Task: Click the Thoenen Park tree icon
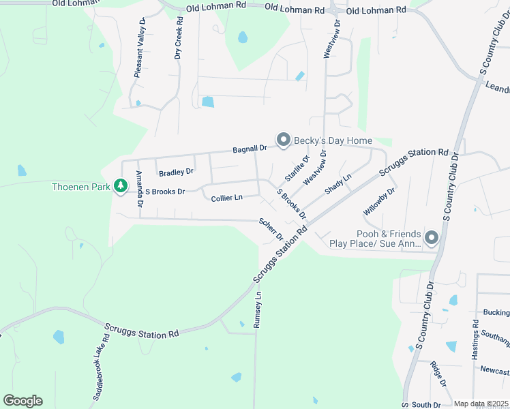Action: [x=121, y=185]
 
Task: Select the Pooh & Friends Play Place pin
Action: [x=431, y=237]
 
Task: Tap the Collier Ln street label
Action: [x=226, y=198]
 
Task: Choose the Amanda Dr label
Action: [x=140, y=189]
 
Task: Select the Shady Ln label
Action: [x=338, y=184]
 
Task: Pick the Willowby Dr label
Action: [x=379, y=202]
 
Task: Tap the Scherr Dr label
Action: [x=271, y=229]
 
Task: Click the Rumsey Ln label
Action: [x=258, y=309]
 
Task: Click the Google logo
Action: [x=22, y=401]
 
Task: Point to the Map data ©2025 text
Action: [x=481, y=404]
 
